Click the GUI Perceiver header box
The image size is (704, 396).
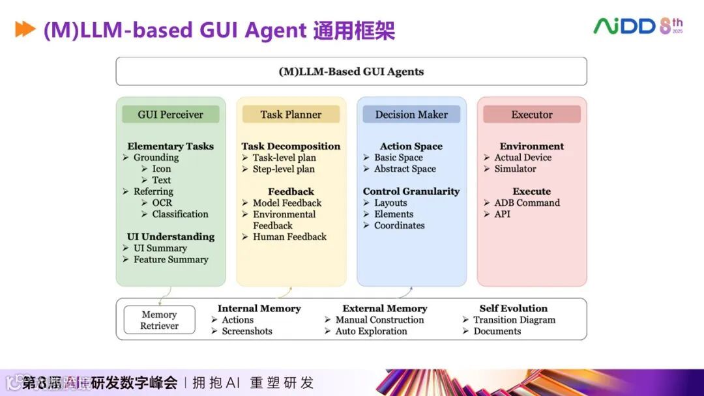171,115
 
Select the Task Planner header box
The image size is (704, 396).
291,115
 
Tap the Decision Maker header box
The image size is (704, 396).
411,115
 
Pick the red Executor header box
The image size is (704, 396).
532,115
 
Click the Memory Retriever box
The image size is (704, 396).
159,320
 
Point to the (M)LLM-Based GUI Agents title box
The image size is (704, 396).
351,72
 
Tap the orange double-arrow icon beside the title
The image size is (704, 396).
25,29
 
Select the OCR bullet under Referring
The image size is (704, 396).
162,203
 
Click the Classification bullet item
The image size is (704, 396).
180,214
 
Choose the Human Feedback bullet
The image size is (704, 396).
289,237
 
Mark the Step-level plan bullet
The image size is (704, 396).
284,169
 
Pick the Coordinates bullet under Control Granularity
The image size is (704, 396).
399,226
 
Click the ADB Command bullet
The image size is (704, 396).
527,203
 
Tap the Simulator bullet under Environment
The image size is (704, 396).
515,169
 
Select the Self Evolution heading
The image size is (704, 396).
514,309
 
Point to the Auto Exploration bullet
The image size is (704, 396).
371,332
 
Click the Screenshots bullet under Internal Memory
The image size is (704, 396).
247,332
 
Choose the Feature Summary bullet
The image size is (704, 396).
171,260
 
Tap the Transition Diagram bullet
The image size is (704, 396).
514,320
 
